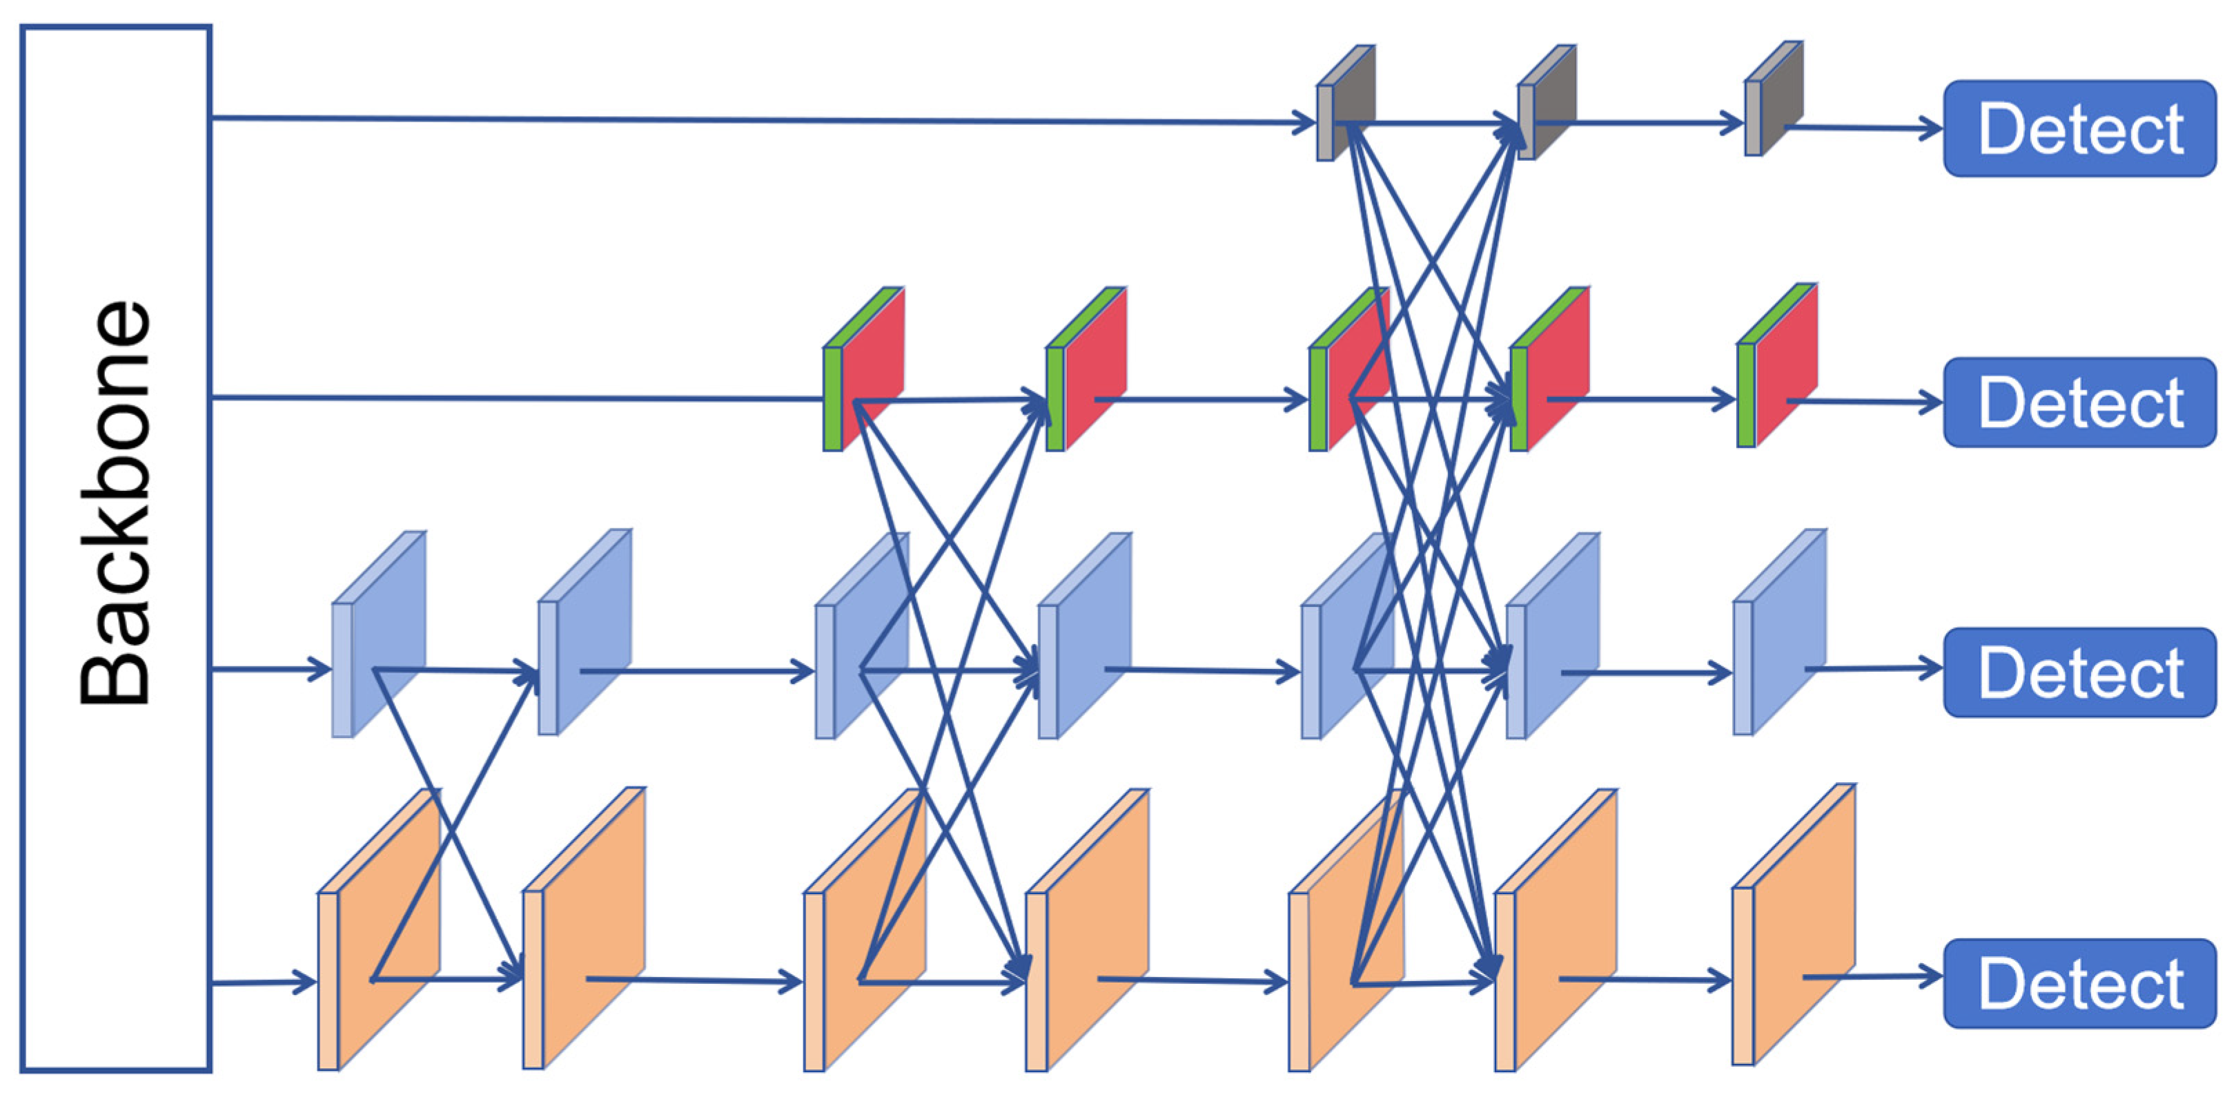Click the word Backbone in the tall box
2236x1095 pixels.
click(115, 503)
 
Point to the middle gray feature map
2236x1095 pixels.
click(1546, 102)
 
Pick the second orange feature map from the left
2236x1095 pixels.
click(583, 927)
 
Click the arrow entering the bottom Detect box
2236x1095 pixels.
click(1875, 978)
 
